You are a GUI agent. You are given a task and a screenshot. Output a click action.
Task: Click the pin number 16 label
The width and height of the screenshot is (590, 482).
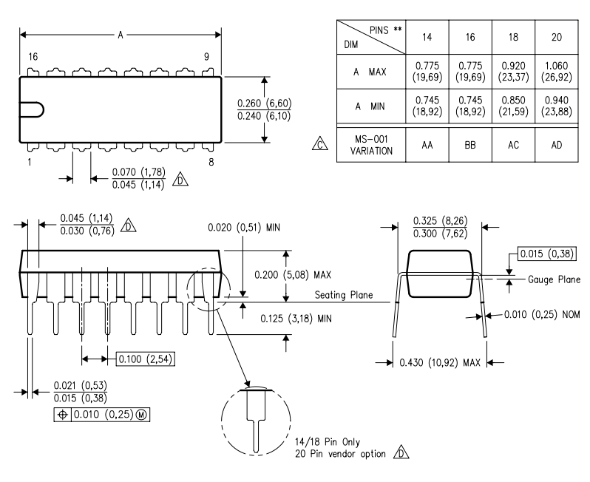pyautogui.click(x=32, y=56)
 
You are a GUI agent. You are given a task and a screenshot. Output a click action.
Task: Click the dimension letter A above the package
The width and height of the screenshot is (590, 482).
pyautogui.click(x=121, y=35)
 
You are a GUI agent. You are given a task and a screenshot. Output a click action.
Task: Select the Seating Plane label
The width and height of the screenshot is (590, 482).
pyautogui.click(x=341, y=295)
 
